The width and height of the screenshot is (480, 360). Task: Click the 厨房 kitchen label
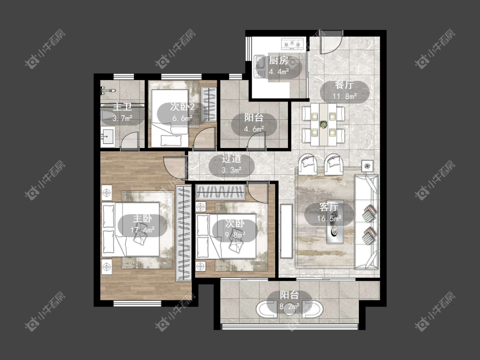click(278, 60)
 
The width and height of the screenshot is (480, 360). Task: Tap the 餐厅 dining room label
click(344, 85)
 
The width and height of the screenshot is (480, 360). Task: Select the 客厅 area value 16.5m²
click(329, 218)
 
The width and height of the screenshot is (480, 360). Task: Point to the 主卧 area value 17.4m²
click(143, 229)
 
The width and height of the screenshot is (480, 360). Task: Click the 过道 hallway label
click(231, 159)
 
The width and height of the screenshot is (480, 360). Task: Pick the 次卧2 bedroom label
click(183, 107)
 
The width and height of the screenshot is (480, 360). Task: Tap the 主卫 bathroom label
click(122, 107)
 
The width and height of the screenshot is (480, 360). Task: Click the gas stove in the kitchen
click(293, 44)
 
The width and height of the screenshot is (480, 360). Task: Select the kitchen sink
click(259, 66)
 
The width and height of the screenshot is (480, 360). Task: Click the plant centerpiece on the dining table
click(323, 124)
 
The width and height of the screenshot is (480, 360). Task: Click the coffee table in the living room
click(335, 222)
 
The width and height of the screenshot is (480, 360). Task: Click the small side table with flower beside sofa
click(367, 166)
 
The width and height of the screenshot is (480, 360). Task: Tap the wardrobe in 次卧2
click(209, 104)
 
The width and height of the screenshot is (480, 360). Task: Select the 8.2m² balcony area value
click(289, 306)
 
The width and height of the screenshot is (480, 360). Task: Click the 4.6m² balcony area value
click(254, 129)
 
